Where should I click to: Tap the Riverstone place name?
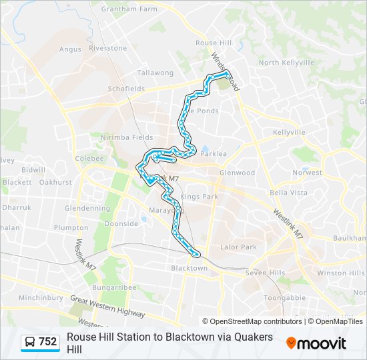[x=107, y=48]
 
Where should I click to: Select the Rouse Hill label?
[x=213, y=43]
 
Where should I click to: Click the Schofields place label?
[x=125, y=89]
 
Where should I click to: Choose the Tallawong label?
[x=155, y=73]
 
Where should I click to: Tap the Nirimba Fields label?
[x=127, y=137]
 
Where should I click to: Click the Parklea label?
[x=214, y=153]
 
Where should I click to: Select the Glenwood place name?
[x=238, y=173]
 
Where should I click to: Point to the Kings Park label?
[x=200, y=197]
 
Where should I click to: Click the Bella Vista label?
[x=288, y=193]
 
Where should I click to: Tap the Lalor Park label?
[x=238, y=247]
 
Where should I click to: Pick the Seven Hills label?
[x=265, y=273]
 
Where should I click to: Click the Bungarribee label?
[x=115, y=287]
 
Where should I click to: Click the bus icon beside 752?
[x=31, y=342]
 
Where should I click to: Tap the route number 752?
[x=48, y=342]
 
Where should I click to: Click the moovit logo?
[x=316, y=343]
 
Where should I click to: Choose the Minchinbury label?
[x=40, y=298]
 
